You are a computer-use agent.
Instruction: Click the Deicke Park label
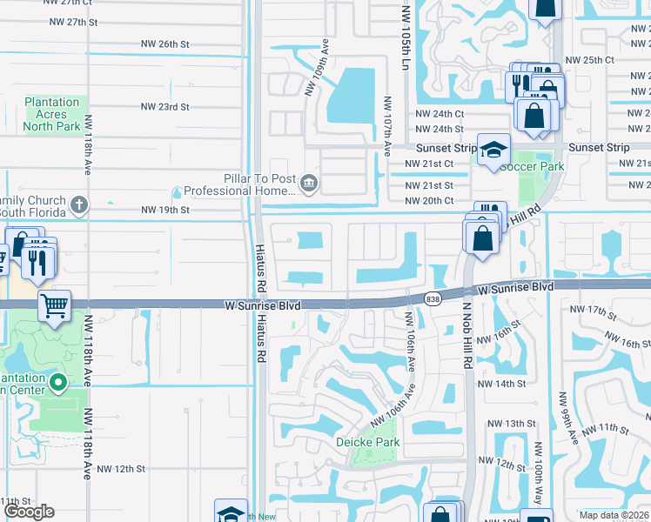(x=367, y=442)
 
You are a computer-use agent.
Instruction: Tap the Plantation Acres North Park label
(x=51, y=114)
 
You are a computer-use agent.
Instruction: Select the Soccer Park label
(x=531, y=166)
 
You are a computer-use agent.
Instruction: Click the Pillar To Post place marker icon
(x=309, y=184)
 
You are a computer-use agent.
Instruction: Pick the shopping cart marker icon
(x=54, y=305)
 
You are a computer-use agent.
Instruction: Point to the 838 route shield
(x=433, y=299)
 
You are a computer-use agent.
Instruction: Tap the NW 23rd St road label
(x=164, y=107)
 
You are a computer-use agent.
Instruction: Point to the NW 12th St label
(x=121, y=469)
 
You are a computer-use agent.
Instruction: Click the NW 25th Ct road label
(x=589, y=60)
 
